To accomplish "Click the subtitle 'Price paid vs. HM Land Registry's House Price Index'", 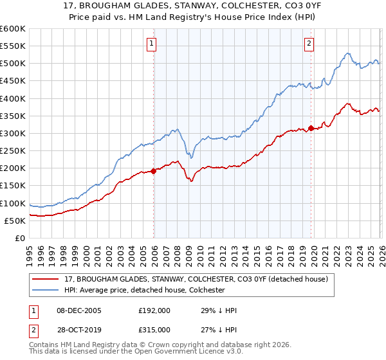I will tap(192, 18).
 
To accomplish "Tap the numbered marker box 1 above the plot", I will tap(152, 44).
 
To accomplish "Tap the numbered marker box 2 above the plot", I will tap(309, 44).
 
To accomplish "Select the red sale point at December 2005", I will tap(154, 171).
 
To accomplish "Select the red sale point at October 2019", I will tap(311, 128).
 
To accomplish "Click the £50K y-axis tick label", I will tap(14, 221).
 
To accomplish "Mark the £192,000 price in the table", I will tap(154, 310).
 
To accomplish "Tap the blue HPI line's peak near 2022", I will tap(347, 53).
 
